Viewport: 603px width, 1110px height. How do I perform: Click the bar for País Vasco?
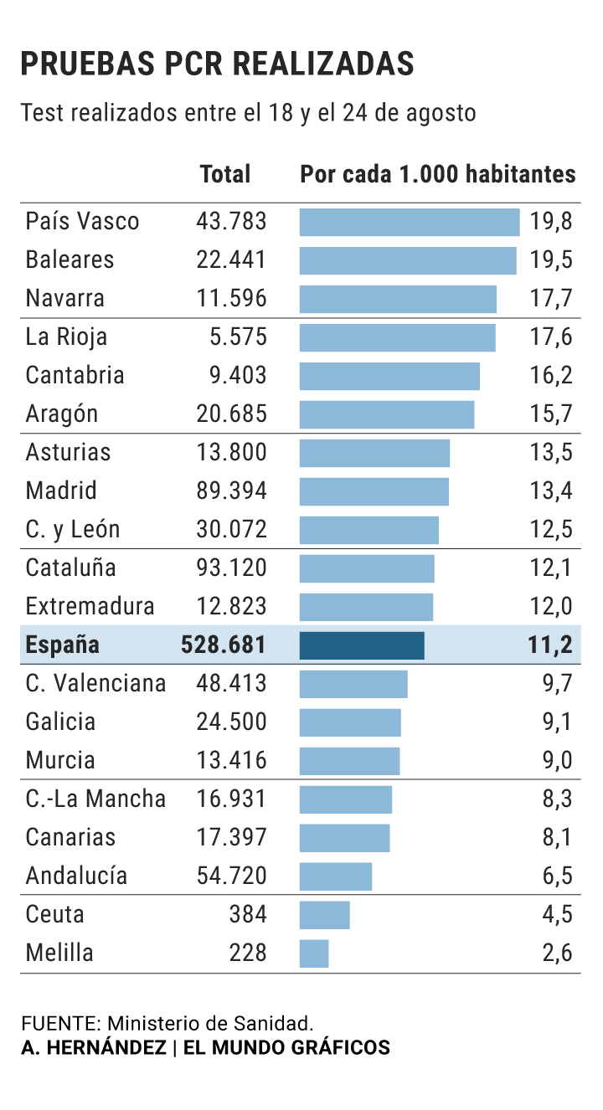(410, 222)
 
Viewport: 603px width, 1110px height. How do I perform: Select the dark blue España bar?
(362, 645)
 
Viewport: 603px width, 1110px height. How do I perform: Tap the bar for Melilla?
(314, 953)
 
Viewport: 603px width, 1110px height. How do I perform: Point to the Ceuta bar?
(324, 915)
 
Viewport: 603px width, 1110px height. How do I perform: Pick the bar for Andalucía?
(336, 876)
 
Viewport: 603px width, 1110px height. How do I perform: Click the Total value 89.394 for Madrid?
(231, 491)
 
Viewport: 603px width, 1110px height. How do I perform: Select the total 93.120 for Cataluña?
(231, 568)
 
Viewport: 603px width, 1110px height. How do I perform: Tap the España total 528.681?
(224, 645)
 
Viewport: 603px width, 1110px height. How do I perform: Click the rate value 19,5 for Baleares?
(551, 260)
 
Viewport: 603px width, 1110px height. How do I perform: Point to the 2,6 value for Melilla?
(557, 953)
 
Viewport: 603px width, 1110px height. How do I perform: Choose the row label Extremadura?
(90, 607)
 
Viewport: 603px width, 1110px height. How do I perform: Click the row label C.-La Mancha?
(95, 799)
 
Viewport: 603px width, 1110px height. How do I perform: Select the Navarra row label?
(65, 299)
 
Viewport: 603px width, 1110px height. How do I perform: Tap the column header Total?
(225, 174)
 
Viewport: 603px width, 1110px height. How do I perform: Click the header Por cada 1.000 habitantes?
(438, 174)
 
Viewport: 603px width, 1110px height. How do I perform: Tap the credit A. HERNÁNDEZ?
(93, 1047)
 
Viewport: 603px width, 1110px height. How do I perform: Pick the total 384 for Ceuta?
(248, 915)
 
